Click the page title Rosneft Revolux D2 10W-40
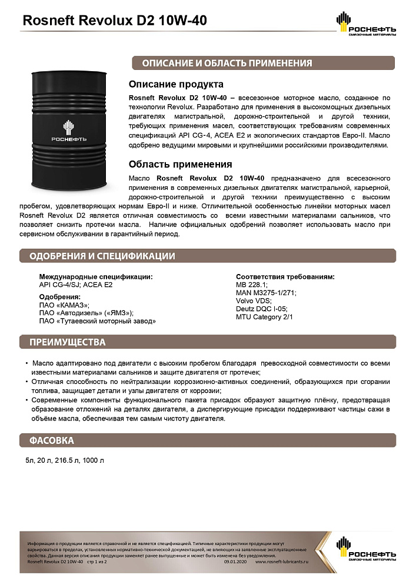[x=114, y=21]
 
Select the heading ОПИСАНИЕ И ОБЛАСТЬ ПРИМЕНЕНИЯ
[x=223, y=63]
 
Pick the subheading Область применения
[x=180, y=164]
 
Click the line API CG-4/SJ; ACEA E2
[x=75, y=284]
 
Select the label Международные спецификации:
[x=95, y=276]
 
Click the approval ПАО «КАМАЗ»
[x=64, y=305]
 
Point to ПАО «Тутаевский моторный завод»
[x=97, y=321]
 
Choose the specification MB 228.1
[x=251, y=284]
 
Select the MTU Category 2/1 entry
[x=264, y=317]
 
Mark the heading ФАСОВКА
[x=52, y=440]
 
